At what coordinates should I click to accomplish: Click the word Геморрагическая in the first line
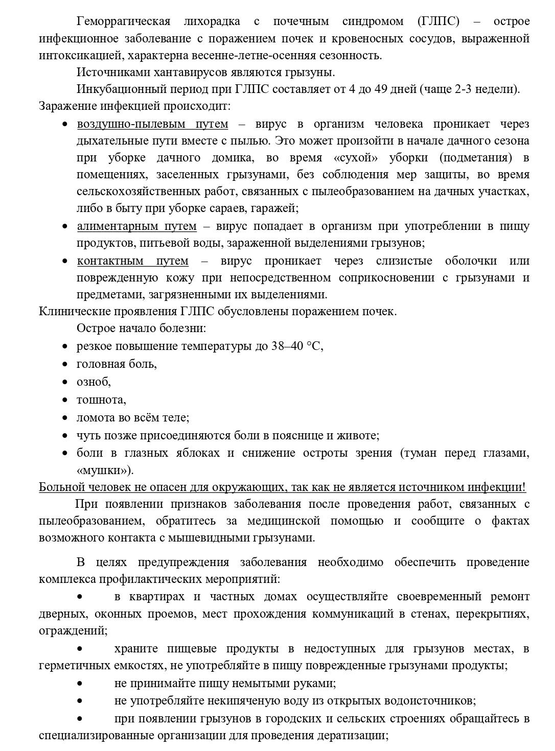pos(123,21)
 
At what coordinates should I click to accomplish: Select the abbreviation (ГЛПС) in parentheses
pos(438,21)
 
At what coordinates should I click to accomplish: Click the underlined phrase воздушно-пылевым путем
pos(152,124)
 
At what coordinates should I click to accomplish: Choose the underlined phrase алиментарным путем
pos(136,226)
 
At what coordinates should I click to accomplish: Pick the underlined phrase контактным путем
pos(132,261)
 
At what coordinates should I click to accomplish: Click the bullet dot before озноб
pos(65,382)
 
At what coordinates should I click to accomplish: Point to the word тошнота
pos(100,400)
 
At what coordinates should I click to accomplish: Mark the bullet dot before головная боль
pos(65,364)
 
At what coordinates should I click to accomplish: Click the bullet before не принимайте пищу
pos(80,683)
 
